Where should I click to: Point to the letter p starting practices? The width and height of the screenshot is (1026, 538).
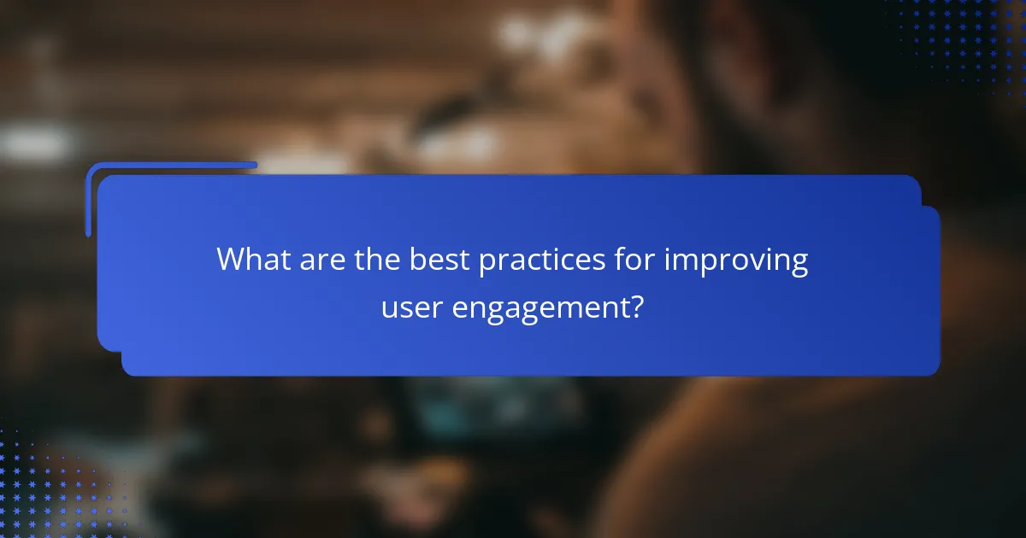coord(486,262)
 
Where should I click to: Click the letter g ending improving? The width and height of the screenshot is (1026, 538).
coord(799,264)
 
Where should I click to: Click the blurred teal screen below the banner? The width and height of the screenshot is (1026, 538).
coord(445,401)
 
